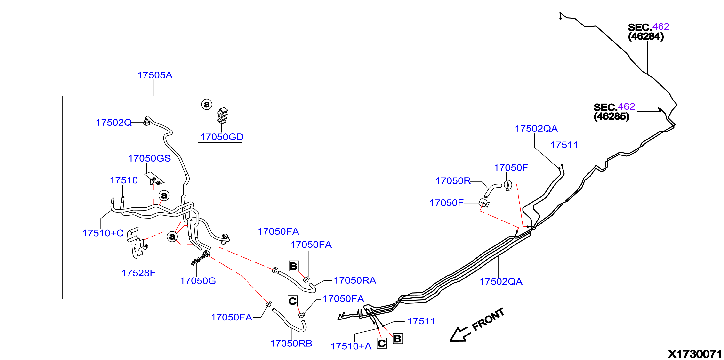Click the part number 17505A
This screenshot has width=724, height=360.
click(x=155, y=75)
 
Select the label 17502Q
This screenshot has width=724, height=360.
click(x=113, y=123)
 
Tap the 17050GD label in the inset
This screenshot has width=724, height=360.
click(x=222, y=137)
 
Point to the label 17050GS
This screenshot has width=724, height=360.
click(x=149, y=158)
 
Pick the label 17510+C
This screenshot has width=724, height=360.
click(x=103, y=233)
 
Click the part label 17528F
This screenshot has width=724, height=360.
click(x=138, y=273)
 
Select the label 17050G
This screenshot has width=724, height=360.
click(x=198, y=281)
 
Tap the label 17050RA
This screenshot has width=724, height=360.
click(x=355, y=280)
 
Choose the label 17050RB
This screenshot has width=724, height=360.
click(x=291, y=344)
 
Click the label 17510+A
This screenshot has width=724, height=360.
click(x=351, y=346)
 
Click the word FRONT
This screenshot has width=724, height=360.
click(x=488, y=319)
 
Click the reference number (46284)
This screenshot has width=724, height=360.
click(x=646, y=37)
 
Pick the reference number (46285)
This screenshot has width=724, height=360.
click(x=611, y=116)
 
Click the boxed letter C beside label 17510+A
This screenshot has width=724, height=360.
click(x=382, y=344)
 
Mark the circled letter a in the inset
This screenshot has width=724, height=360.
click(x=207, y=104)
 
